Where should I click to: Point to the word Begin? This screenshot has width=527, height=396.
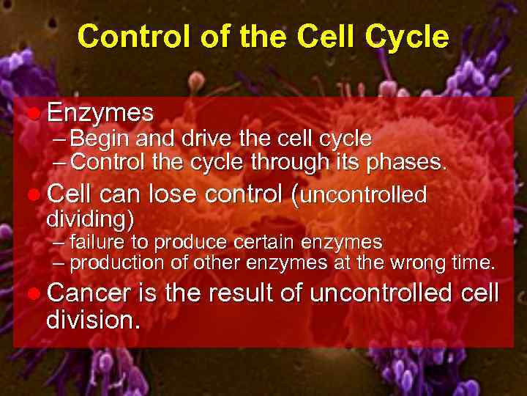pyautogui.click(x=100, y=139)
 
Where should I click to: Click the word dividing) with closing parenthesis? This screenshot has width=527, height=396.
pyautogui.click(x=89, y=219)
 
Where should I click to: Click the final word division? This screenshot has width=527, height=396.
pyautogui.click(x=91, y=320)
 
